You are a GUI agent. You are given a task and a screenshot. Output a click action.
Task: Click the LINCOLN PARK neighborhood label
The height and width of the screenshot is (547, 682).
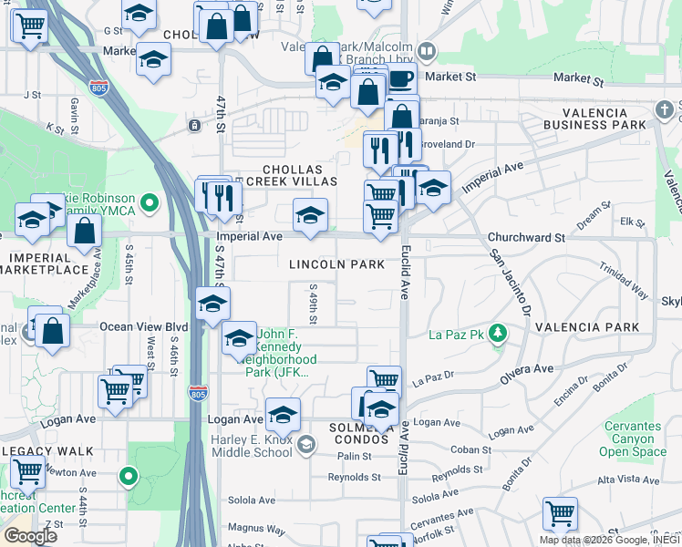click(x=335, y=264)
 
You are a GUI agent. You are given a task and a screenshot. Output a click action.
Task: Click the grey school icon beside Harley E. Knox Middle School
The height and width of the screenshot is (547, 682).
click(x=307, y=445)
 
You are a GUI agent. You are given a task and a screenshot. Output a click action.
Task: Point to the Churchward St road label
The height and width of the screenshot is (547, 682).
click(x=527, y=237)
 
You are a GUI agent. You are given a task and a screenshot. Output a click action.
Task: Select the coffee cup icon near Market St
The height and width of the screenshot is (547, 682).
click(x=401, y=79)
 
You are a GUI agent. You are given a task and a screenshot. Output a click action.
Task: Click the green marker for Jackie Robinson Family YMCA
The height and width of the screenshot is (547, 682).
click(x=152, y=201)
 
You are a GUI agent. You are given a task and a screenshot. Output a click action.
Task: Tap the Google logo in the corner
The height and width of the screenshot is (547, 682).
click(x=30, y=536)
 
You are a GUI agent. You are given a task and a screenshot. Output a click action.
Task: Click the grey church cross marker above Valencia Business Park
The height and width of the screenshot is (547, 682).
click(x=665, y=111)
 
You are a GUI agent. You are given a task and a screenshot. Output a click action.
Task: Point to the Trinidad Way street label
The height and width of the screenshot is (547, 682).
click(x=623, y=283)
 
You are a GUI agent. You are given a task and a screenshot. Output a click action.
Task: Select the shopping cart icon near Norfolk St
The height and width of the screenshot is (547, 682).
click(x=559, y=513)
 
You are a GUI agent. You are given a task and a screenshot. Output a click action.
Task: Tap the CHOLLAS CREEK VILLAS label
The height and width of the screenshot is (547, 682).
click(x=293, y=176)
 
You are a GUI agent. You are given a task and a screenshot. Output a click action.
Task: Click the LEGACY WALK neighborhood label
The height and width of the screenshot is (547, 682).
click(x=47, y=451)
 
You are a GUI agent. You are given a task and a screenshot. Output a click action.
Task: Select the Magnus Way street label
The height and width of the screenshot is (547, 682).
click(x=252, y=527)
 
